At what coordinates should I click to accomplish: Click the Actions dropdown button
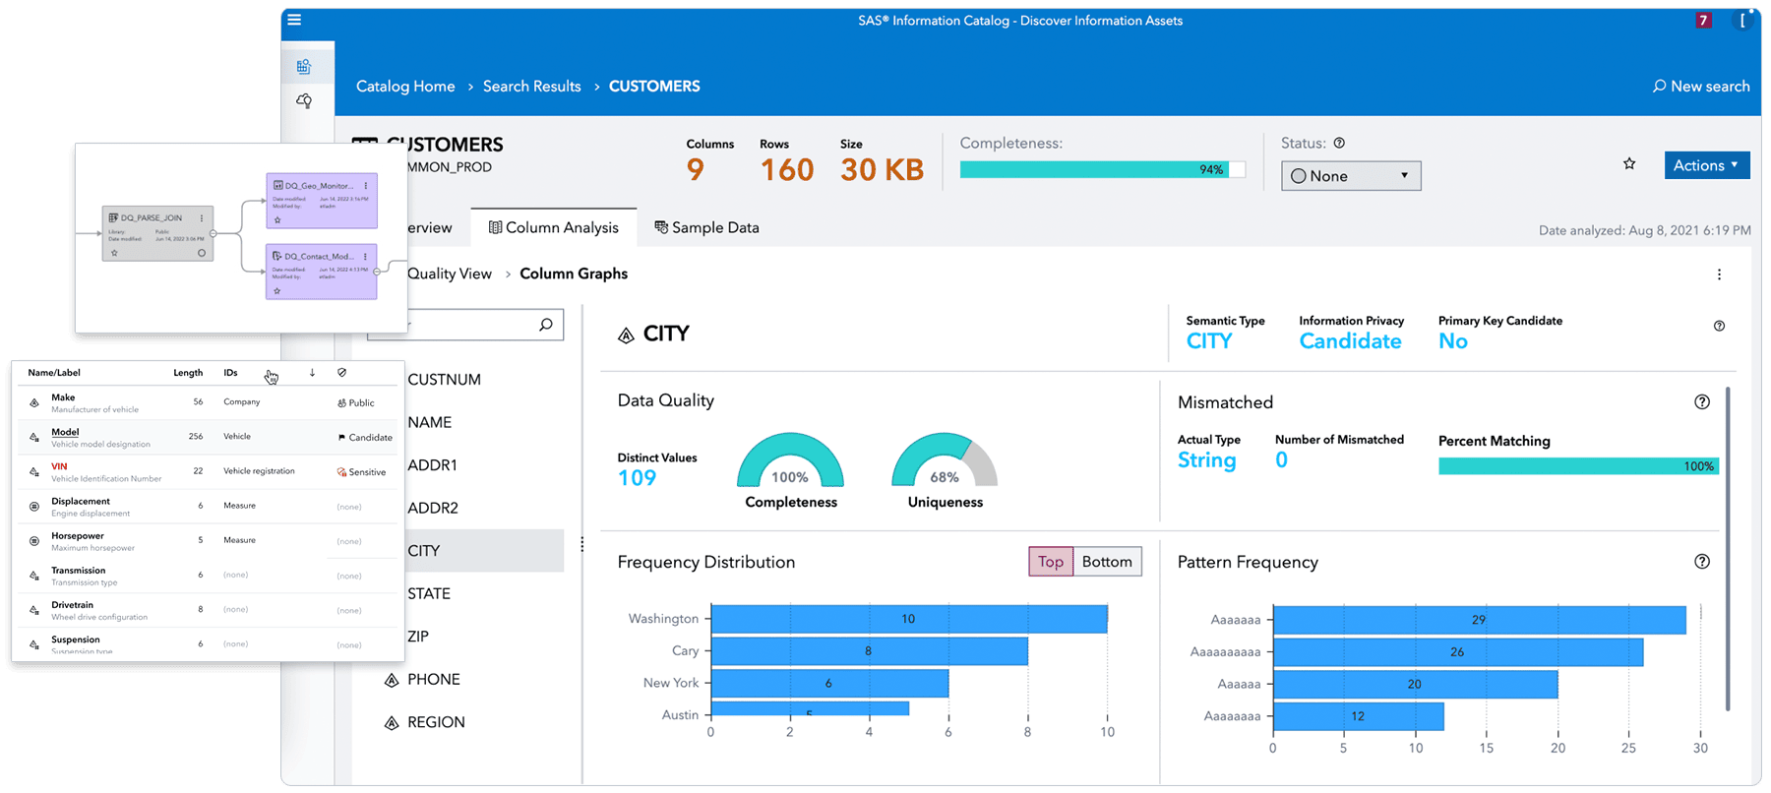(1706, 165)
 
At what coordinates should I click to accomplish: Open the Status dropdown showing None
(1350, 176)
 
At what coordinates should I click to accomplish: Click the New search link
(1701, 87)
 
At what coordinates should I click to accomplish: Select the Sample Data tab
(706, 227)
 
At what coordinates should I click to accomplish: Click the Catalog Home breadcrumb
(405, 87)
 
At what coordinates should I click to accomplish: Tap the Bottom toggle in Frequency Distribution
(1107, 562)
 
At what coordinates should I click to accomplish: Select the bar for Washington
(908, 619)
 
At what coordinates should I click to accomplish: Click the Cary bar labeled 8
(868, 651)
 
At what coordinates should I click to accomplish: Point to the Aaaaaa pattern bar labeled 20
(1414, 684)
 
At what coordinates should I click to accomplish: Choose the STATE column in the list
(429, 593)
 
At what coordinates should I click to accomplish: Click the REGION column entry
(435, 722)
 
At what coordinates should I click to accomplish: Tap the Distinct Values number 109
(637, 478)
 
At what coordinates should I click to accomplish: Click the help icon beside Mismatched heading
(1702, 402)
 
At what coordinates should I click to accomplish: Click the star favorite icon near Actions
(1629, 164)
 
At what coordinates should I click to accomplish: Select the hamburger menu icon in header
(294, 20)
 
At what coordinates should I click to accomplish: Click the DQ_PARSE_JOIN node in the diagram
(157, 233)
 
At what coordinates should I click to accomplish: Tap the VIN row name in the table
(59, 466)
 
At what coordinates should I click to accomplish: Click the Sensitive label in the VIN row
(366, 472)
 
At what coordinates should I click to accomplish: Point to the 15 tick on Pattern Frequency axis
(1486, 748)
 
